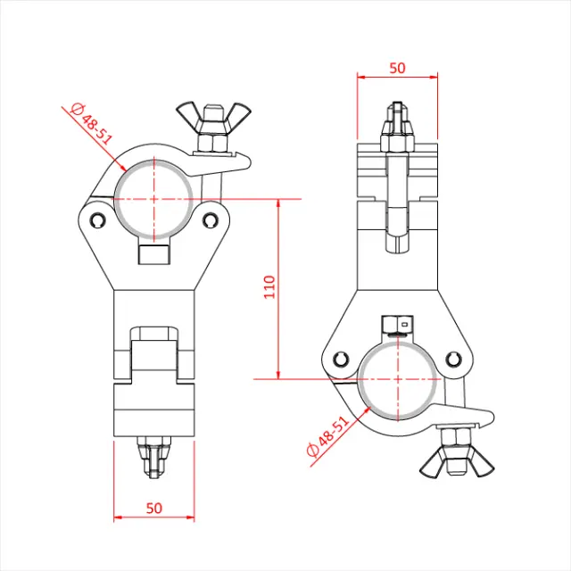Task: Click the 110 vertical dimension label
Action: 269,286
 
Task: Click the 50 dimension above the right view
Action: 397,67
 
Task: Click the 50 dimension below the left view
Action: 153,508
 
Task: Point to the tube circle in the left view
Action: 153,196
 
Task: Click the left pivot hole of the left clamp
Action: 96,218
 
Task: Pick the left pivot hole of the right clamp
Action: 341,359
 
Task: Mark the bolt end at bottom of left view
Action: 153,459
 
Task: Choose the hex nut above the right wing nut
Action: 451,436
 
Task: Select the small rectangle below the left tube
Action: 153,254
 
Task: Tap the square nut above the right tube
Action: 397,323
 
